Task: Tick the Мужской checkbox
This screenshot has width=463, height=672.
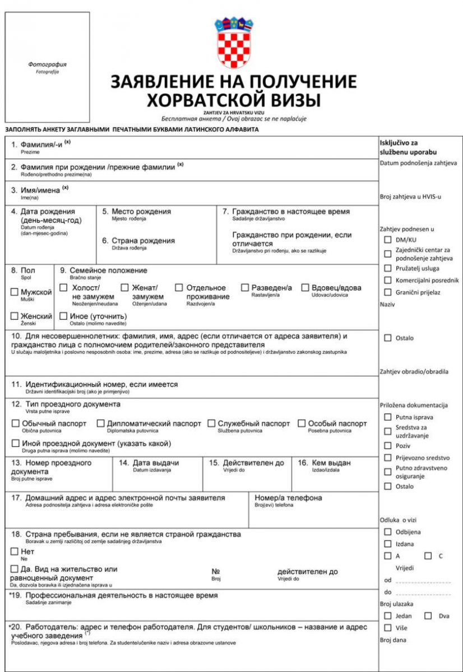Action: pos(15,292)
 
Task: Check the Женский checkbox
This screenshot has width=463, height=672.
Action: pos(15,316)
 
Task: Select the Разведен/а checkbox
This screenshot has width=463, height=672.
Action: pos(246,287)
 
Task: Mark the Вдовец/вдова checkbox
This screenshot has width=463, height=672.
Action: pos(305,287)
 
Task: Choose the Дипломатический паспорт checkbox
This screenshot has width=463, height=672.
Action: pos(101,423)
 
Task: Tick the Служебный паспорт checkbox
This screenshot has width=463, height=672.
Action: pos(211,423)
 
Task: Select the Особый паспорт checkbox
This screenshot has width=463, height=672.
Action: pos(302,423)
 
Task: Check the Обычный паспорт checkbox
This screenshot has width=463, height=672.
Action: pos(16,423)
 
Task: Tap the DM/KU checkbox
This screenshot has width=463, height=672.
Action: pos(388,240)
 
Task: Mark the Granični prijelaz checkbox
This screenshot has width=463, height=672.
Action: pos(388,292)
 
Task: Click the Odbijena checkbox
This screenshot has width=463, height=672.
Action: pos(388,531)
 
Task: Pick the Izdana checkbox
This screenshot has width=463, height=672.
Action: pos(388,544)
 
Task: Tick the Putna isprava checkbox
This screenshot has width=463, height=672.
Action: pos(388,417)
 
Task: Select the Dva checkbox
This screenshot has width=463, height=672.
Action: pos(428,616)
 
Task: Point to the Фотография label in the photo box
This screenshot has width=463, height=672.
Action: pos(47,64)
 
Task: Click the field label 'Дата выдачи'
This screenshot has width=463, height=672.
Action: pos(155,463)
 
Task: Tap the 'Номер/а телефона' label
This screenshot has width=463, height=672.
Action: pos(288,498)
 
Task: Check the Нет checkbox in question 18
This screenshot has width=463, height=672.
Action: pos(15,552)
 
